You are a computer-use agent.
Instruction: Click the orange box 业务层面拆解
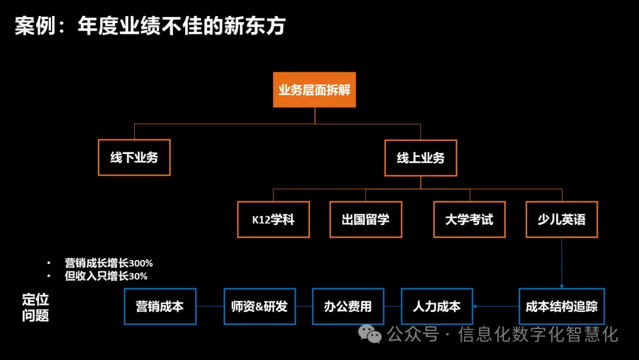click(x=314, y=90)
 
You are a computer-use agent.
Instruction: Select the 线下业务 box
click(x=134, y=157)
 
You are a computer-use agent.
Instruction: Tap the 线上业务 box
click(x=421, y=157)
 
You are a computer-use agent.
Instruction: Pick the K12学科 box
click(x=273, y=220)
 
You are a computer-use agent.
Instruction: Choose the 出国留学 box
click(x=366, y=220)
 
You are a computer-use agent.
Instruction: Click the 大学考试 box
click(x=469, y=220)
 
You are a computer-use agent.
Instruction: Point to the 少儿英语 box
click(x=561, y=220)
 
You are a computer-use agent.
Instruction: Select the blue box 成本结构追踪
click(x=561, y=306)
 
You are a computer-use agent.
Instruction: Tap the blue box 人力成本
click(x=437, y=306)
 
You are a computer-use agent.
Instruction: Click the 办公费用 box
click(x=348, y=306)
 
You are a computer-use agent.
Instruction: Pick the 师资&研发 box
click(x=259, y=306)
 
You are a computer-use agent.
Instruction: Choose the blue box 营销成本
click(x=160, y=306)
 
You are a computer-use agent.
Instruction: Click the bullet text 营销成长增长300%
click(x=109, y=263)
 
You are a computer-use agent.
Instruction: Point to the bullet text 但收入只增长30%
click(x=106, y=276)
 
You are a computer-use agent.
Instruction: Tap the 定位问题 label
click(x=35, y=307)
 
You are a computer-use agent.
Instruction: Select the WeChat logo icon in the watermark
click(x=372, y=335)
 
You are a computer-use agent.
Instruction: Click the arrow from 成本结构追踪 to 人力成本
click(x=495, y=306)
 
